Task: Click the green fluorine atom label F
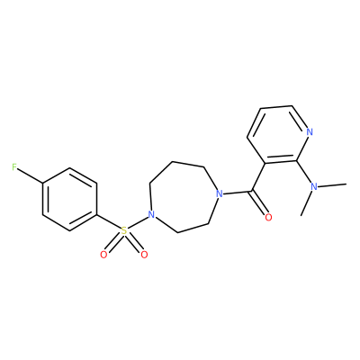point(14,166)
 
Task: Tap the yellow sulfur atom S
point(124,230)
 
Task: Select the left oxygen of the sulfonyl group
point(103,255)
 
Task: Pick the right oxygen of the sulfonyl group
point(144,255)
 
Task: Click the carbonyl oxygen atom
point(268,217)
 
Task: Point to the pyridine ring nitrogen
point(310,131)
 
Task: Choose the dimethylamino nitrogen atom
point(314,186)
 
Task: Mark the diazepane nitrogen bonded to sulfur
point(151,215)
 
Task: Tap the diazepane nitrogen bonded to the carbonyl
point(220,193)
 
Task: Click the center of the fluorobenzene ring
point(69,199)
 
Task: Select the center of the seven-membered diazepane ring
point(183,199)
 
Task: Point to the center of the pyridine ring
point(279,134)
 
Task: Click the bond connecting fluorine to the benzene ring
point(30,175)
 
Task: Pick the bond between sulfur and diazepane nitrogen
point(138,222)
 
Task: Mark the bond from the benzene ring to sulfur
point(109,222)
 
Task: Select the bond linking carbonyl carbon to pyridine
point(258,177)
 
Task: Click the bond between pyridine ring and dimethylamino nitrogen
point(304,171)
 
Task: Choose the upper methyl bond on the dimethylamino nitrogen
point(332,184)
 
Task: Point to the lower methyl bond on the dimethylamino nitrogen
point(306,203)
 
